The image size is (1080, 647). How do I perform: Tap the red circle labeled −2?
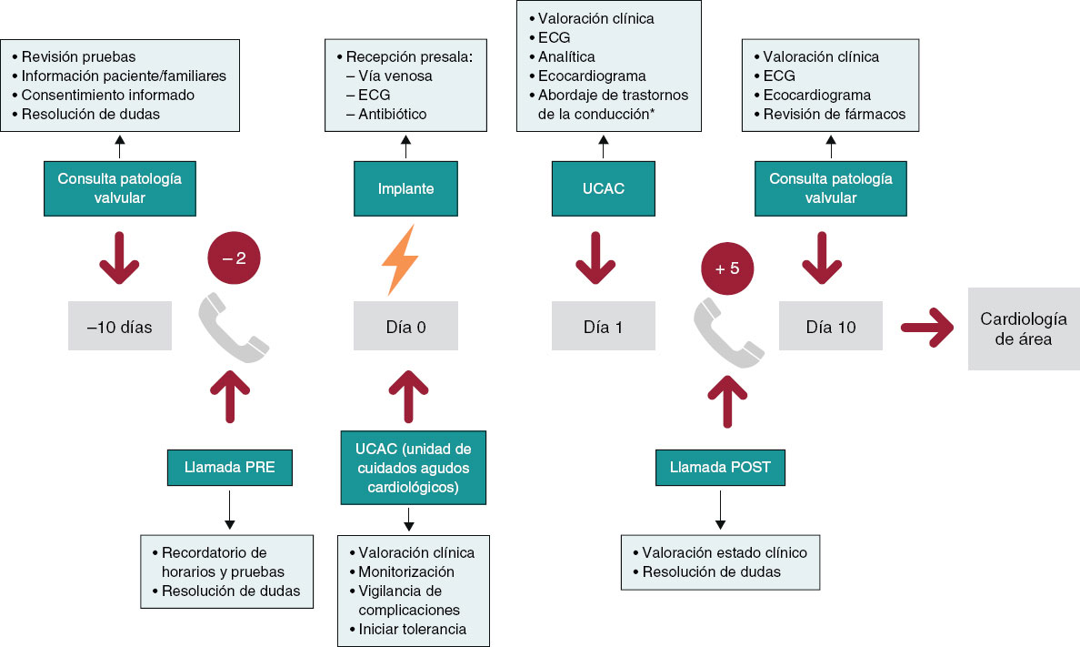tap(235, 258)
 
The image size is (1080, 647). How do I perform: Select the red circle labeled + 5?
tap(728, 270)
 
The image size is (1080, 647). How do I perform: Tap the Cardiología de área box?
tap(1023, 329)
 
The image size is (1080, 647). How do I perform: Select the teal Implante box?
tap(405, 188)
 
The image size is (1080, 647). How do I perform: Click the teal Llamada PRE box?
tap(229, 468)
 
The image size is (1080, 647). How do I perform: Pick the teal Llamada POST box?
tap(720, 468)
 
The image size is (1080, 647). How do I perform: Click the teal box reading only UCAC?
tap(603, 188)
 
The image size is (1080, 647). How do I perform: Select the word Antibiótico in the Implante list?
tap(393, 114)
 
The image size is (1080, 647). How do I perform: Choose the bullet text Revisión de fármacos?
tap(835, 114)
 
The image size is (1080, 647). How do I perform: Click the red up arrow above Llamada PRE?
tap(229, 398)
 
